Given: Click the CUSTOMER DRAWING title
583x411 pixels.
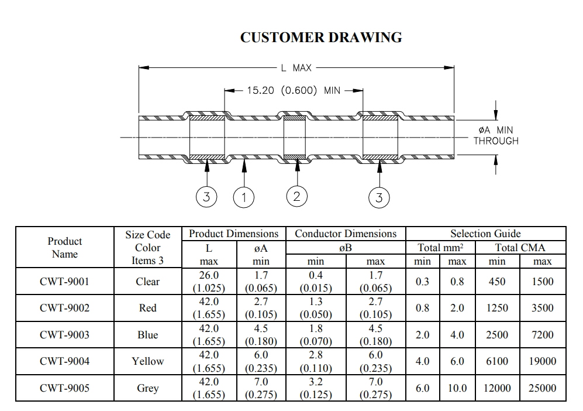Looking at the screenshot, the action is pyautogui.click(x=321, y=37).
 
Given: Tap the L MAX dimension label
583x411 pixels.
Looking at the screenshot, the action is pyautogui.click(x=296, y=68).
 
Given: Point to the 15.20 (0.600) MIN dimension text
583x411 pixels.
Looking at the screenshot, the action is pyautogui.click(x=294, y=91).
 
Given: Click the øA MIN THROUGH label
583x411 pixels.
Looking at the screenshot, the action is pyautogui.click(x=496, y=135).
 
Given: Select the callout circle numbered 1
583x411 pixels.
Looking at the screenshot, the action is pyautogui.click(x=244, y=197).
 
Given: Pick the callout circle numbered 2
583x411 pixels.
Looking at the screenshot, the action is pyautogui.click(x=296, y=196).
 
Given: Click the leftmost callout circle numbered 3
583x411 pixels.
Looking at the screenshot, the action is pyautogui.click(x=206, y=197).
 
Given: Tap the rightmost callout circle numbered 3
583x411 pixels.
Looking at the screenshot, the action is pyautogui.click(x=379, y=197).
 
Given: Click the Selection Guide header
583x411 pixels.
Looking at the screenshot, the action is pyautogui.click(x=485, y=234).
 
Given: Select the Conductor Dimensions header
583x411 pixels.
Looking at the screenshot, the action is pyautogui.click(x=346, y=234).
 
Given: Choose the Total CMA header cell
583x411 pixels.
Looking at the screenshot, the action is pyautogui.click(x=520, y=248).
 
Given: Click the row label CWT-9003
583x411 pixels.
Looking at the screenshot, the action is pyautogui.click(x=65, y=335).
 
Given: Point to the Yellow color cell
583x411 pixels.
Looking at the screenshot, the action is pyautogui.click(x=147, y=361).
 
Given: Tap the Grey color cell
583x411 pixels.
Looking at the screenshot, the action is pyautogui.click(x=147, y=388).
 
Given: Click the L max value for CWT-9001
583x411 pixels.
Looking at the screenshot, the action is pyautogui.click(x=209, y=282).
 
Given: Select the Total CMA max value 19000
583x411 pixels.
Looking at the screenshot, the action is pyautogui.click(x=543, y=361).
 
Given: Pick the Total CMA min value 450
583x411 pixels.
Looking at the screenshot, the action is pyautogui.click(x=497, y=282).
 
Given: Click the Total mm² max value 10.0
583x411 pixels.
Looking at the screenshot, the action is pyautogui.click(x=457, y=388).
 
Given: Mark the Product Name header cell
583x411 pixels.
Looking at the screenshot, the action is pyautogui.click(x=65, y=248).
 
